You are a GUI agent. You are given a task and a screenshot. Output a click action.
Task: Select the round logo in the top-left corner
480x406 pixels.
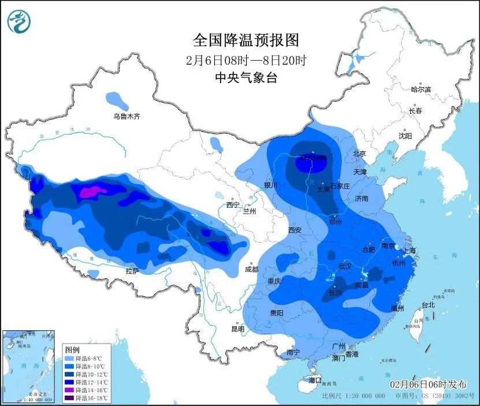pos(18,22)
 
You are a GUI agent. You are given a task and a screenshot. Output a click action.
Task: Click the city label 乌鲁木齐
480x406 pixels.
pos(126,116)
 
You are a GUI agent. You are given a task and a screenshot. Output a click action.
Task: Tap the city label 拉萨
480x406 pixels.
pos(132,271)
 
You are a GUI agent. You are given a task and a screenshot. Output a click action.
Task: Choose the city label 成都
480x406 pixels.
pos(252,269)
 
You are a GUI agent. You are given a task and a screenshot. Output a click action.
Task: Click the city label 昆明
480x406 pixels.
pos(238,329)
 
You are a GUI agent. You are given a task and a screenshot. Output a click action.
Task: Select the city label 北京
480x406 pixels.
pos(359,154)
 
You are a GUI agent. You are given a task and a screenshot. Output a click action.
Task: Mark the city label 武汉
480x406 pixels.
pos(345,267)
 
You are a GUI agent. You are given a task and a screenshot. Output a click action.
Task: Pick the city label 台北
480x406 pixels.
pos(427,304)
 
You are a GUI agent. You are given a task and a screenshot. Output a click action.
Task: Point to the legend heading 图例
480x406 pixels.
pos(72,350)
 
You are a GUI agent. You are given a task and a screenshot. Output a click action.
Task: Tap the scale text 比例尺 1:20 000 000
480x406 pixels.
pos(354,397)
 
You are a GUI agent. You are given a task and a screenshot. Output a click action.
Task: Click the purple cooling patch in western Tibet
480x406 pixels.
pos(90,192)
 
